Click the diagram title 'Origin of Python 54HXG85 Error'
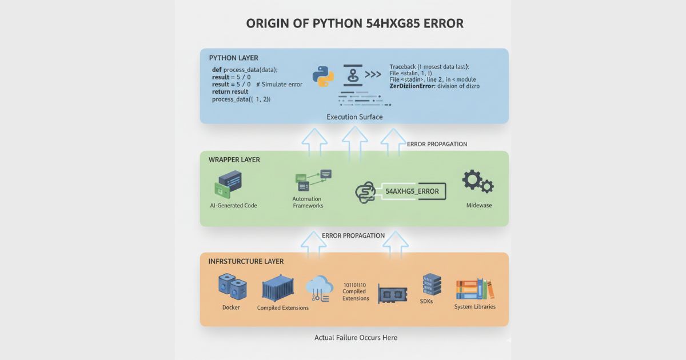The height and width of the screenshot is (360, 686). (354, 24)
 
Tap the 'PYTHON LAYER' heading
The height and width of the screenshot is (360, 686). (233, 58)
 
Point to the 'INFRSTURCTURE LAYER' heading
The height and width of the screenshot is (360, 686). (246, 261)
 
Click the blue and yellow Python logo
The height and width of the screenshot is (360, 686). (323, 77)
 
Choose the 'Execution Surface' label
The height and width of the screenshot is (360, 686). (354, 117)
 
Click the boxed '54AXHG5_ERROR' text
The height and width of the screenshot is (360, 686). (412, 191)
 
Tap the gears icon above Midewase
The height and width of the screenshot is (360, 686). (477, 182)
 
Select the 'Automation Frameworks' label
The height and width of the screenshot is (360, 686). (308, 202)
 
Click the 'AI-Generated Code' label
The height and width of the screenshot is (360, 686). (233, 205)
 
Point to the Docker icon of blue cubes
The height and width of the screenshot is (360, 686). (232, 287)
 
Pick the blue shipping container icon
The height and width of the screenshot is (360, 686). (278, 289)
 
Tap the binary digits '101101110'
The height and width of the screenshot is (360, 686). (356, 284)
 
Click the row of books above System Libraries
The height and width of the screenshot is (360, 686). (474, 290)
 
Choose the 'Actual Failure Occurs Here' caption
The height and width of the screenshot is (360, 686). (356, 338)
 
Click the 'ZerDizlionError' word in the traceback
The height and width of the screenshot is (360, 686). (416, 86)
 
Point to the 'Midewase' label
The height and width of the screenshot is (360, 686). (479, 205)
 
